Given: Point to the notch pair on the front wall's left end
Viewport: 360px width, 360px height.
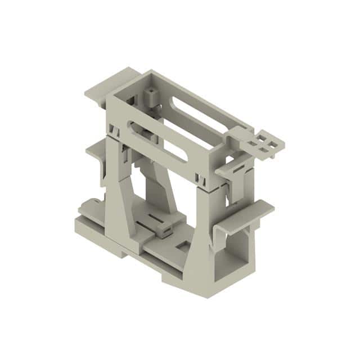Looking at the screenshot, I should (x=116, y=132).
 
